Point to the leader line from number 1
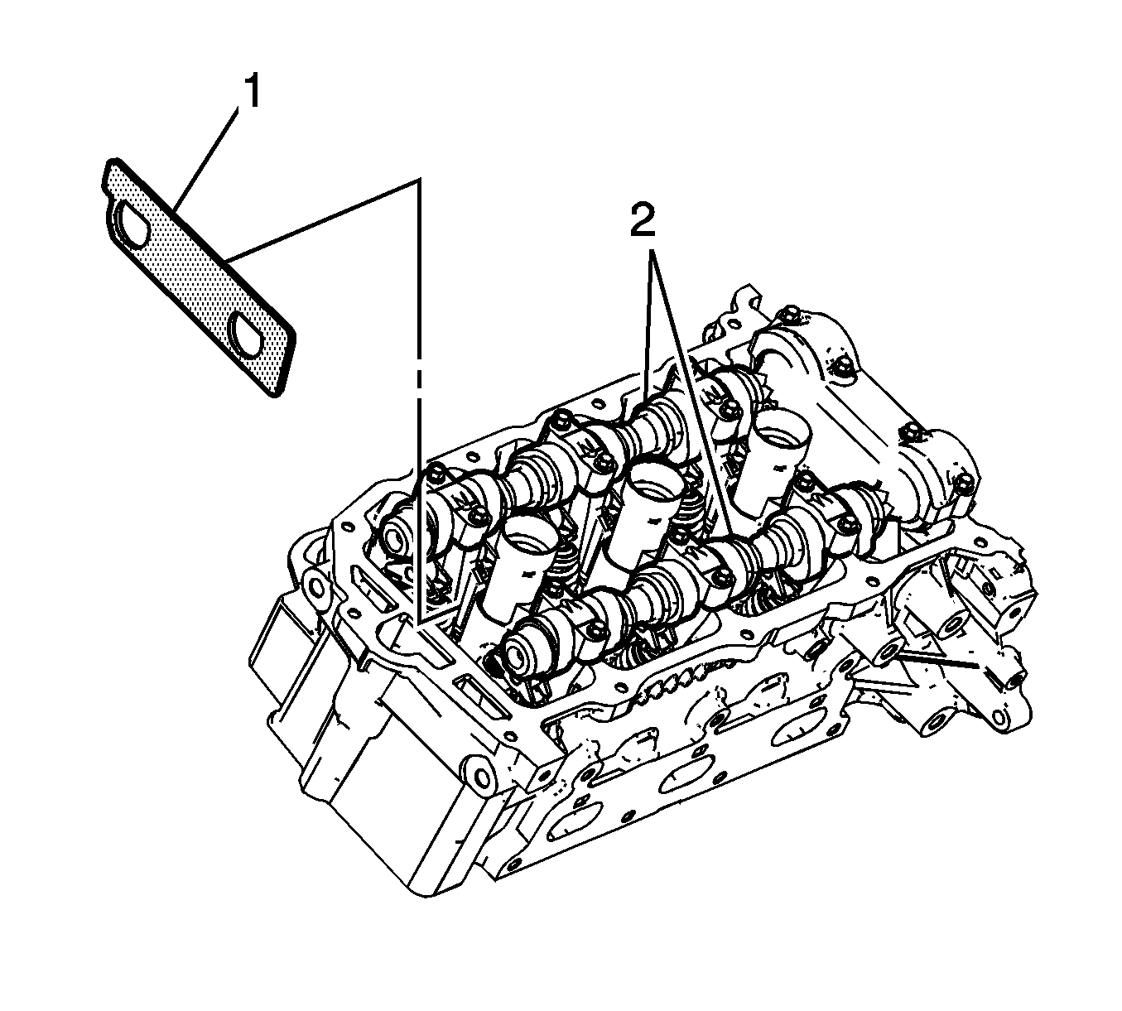[208, 159]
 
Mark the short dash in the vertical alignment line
[417, 378]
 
